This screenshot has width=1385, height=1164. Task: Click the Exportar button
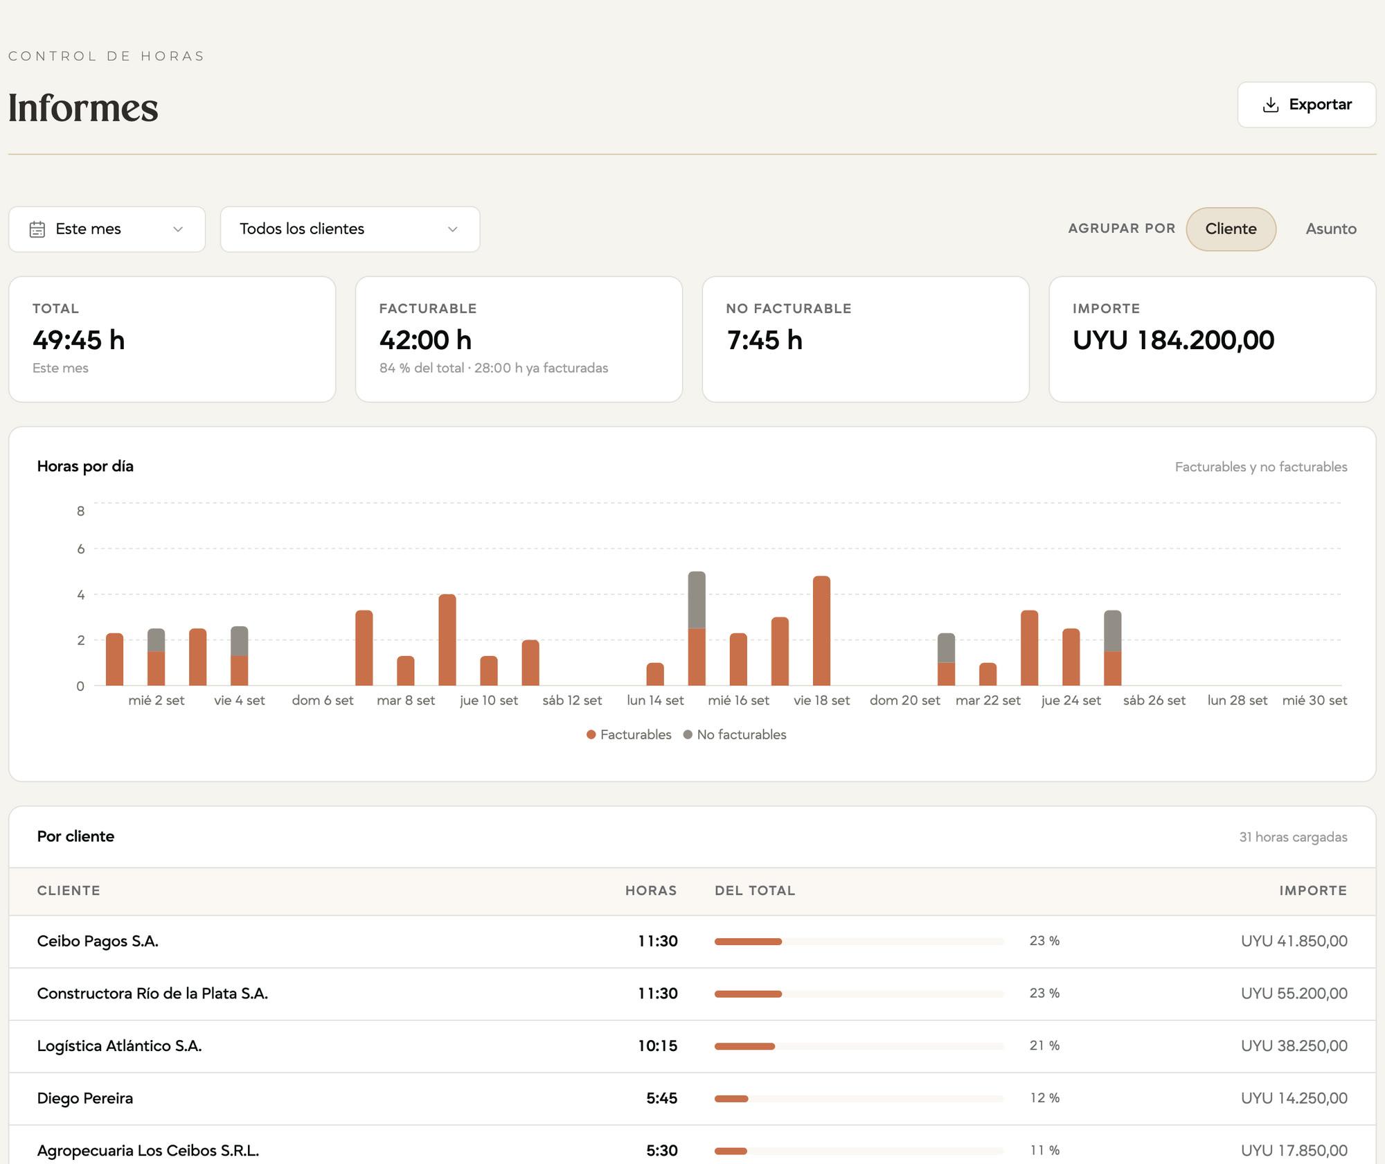[1306, 105]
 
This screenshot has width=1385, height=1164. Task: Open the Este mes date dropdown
[107, 229]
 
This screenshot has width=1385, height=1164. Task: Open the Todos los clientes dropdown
[350, 229]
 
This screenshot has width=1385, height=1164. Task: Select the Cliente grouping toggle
[1231, 229]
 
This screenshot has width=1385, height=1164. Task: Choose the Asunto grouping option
[1331, 229]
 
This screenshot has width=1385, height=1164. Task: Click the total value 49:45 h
[79, 340]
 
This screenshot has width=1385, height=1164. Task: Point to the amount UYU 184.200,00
[1173, 340]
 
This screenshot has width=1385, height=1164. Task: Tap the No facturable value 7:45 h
[765, 340]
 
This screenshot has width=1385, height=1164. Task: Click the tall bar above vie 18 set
[821, 630]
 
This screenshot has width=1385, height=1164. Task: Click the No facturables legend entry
[735, 734]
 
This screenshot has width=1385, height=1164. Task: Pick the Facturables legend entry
[629, 734]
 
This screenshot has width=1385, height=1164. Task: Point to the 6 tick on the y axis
[81, 549]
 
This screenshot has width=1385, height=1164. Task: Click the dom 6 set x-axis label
[323, 700]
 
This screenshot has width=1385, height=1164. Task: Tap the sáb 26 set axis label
[1154, 700]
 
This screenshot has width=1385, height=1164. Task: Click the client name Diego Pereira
[85, 1098]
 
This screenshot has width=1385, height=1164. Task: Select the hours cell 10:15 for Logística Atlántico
[658, 1046]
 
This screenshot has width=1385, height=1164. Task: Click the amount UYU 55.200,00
[1294, 994]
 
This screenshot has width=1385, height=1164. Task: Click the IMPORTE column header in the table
[1313, 891]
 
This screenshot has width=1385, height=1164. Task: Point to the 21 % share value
[1044, 1046]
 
